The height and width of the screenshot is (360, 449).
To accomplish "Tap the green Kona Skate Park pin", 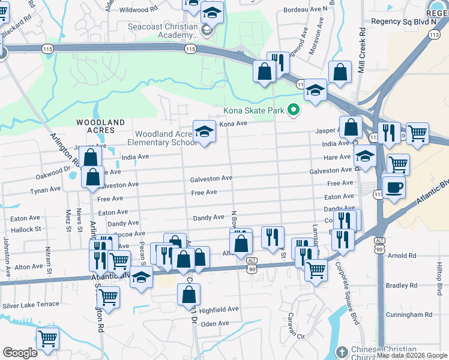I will (x=294, y=110).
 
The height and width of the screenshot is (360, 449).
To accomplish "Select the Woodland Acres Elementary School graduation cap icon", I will (x=204, y=131).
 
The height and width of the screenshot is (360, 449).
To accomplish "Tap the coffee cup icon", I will (x=394, y=187).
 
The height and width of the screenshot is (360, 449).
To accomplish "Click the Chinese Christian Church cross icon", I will (x=342, y=352).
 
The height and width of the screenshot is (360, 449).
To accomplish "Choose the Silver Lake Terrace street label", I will (x=31, y=305).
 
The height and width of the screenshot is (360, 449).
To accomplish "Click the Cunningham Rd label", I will (x=409, y=314).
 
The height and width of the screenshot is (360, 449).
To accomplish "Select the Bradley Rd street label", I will (x=402, y=286).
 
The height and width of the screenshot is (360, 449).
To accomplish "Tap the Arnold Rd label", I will (x=402, y=256).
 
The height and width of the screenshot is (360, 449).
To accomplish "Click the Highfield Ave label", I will (x=219, y=310).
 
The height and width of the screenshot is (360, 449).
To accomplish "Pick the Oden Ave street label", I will (x=215, y=323).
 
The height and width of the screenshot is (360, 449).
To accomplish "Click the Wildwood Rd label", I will (x=138, y=10).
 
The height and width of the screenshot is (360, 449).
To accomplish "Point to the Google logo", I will (x=20, y=353).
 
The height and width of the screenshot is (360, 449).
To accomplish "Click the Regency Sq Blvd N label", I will (x=403, y=21).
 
